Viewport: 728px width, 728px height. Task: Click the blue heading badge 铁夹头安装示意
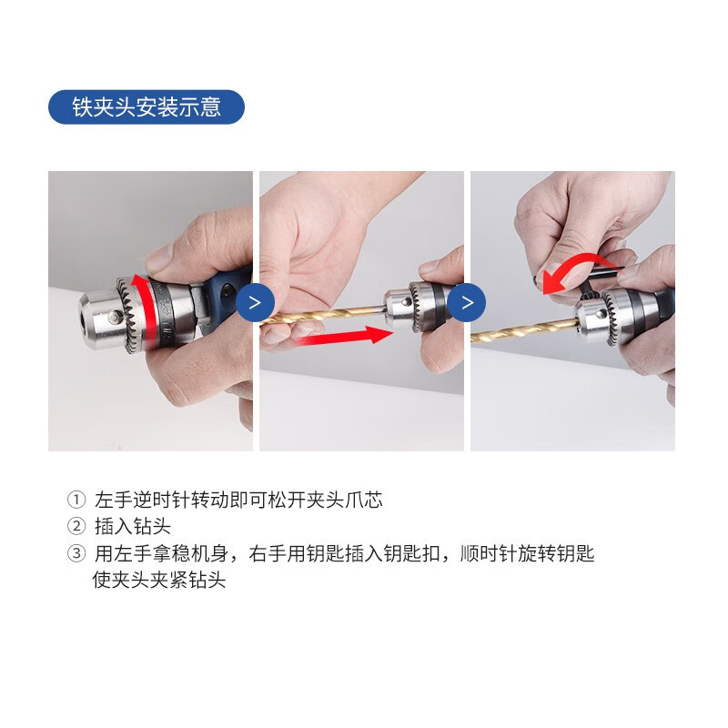coord(146,106)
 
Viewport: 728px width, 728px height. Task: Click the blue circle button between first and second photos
coord(256,302)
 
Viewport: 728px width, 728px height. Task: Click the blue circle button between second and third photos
coord(467,302)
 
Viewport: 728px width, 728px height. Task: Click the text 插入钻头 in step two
coord(132,527)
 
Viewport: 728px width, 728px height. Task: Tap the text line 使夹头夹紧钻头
coord(159,580)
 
